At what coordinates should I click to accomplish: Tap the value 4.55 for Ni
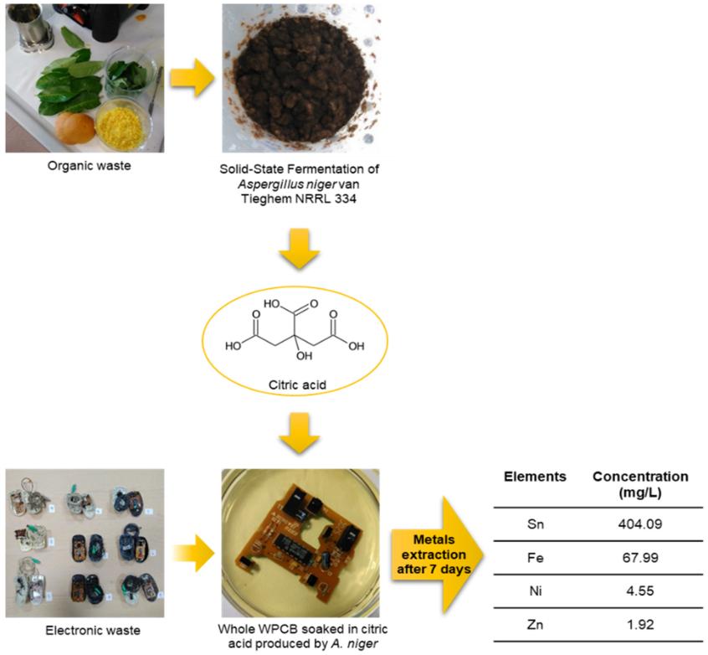(x=640, y=591)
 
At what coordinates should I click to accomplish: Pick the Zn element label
(x=535, y=624)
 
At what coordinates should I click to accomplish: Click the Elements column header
(x=535, y=477)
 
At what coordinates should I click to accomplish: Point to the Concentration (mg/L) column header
(x=640, y=484)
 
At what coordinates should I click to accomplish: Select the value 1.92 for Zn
(x=640, y=624)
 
